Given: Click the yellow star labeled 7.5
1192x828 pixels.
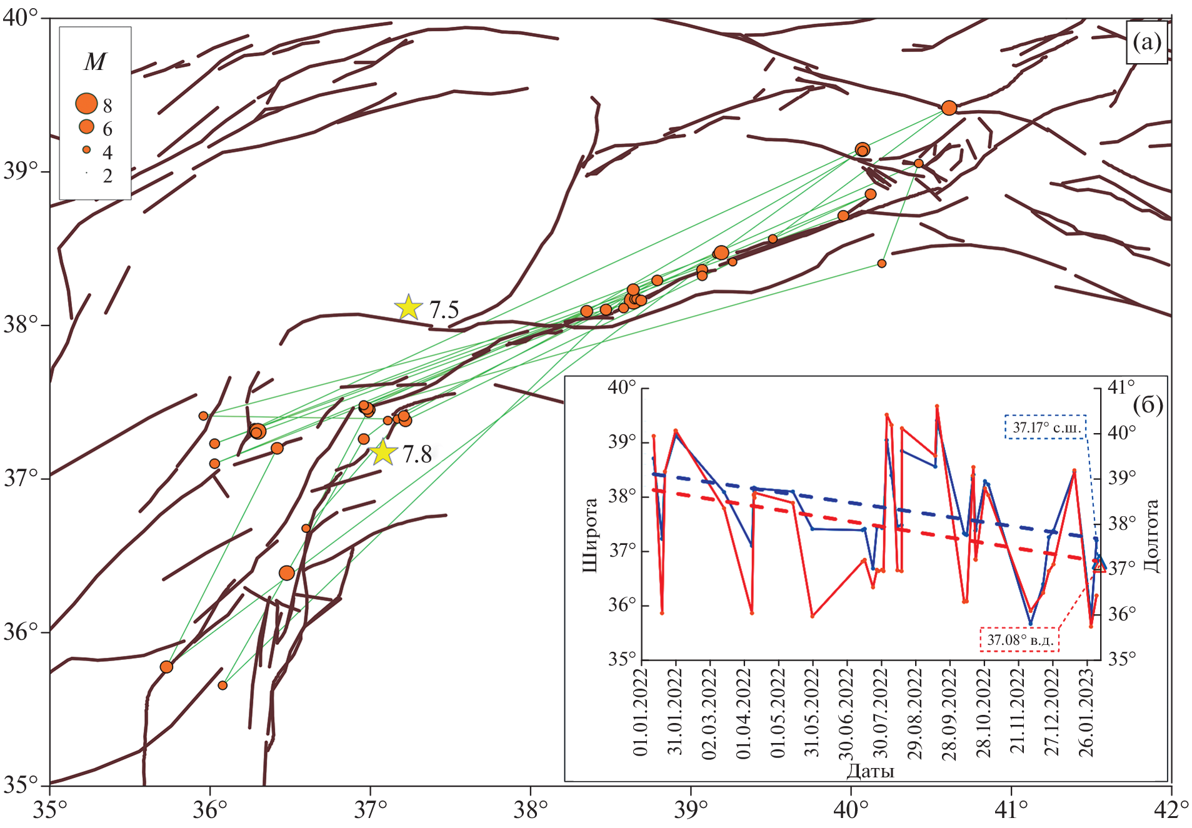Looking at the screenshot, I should point(408,307).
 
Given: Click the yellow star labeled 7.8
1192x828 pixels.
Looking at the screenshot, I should point(383,452).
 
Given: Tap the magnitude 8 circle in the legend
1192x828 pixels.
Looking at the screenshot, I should point(86,104).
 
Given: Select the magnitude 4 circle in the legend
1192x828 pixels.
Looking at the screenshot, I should point(86,150).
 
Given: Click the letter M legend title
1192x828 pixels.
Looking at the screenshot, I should point(95,62).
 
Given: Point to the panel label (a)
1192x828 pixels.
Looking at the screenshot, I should point(1146,42).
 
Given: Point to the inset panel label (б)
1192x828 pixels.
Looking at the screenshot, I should point(1148,405).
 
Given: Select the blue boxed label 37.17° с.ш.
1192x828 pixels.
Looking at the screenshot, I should point(1046,427).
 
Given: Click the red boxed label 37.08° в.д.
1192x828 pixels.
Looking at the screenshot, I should point(1020,640).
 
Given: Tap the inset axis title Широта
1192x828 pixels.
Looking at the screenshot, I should point(590,535).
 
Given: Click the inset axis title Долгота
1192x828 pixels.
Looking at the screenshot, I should point(1151,536).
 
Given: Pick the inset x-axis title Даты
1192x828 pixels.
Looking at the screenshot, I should point(870,771).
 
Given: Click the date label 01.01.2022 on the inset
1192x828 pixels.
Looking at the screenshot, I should point(641,712).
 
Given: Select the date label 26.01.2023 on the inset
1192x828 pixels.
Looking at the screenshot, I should point(1087,712).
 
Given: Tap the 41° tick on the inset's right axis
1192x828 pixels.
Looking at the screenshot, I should point(1121,387).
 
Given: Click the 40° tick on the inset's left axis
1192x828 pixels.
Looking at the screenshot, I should point(622,387).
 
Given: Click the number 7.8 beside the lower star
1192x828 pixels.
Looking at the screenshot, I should point(418,454).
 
